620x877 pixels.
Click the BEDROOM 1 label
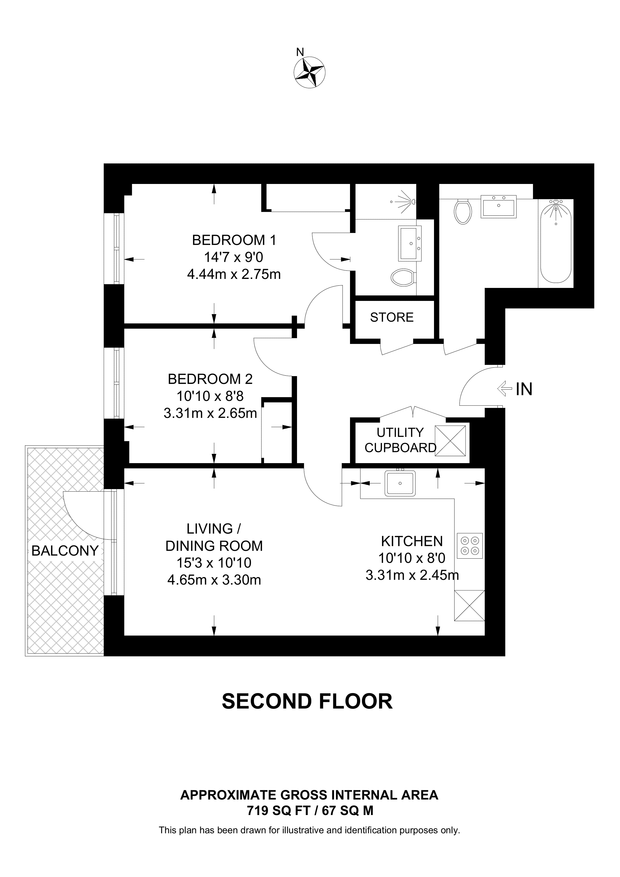(x=234, y=240)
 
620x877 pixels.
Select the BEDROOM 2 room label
(x=210, y=379)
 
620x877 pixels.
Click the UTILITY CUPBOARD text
(x=400, y=440)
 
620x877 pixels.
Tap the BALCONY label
(x=65, y=550)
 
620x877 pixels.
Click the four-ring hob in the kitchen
(x=470, y=545)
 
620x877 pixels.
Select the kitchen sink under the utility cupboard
(x=400, y=483)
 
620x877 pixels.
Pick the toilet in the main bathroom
(x=463, y=212)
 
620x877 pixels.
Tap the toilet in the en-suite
(x=403, y=277)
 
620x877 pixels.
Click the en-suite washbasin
(x=410, y=243)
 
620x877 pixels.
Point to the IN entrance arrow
(x=504, y=389)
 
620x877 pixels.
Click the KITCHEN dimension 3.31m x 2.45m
(x=412, y=575)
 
